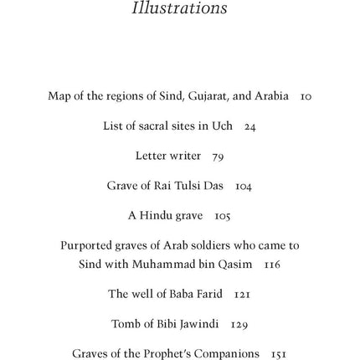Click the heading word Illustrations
(x=179, y=8)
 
